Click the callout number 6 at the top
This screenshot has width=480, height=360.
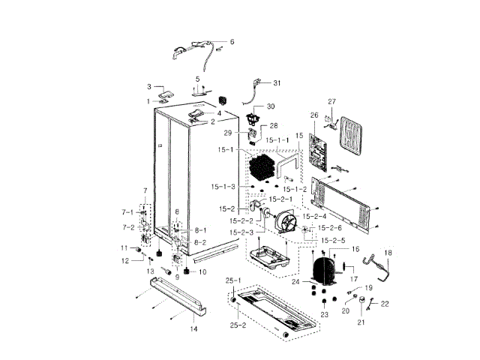(232, 42)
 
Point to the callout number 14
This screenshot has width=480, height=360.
(193, 329)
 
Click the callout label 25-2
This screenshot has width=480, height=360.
(237, 325)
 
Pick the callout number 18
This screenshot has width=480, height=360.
(388, 253)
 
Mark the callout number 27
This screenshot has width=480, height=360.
(331, 102)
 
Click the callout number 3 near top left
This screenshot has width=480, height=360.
(149, 87)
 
